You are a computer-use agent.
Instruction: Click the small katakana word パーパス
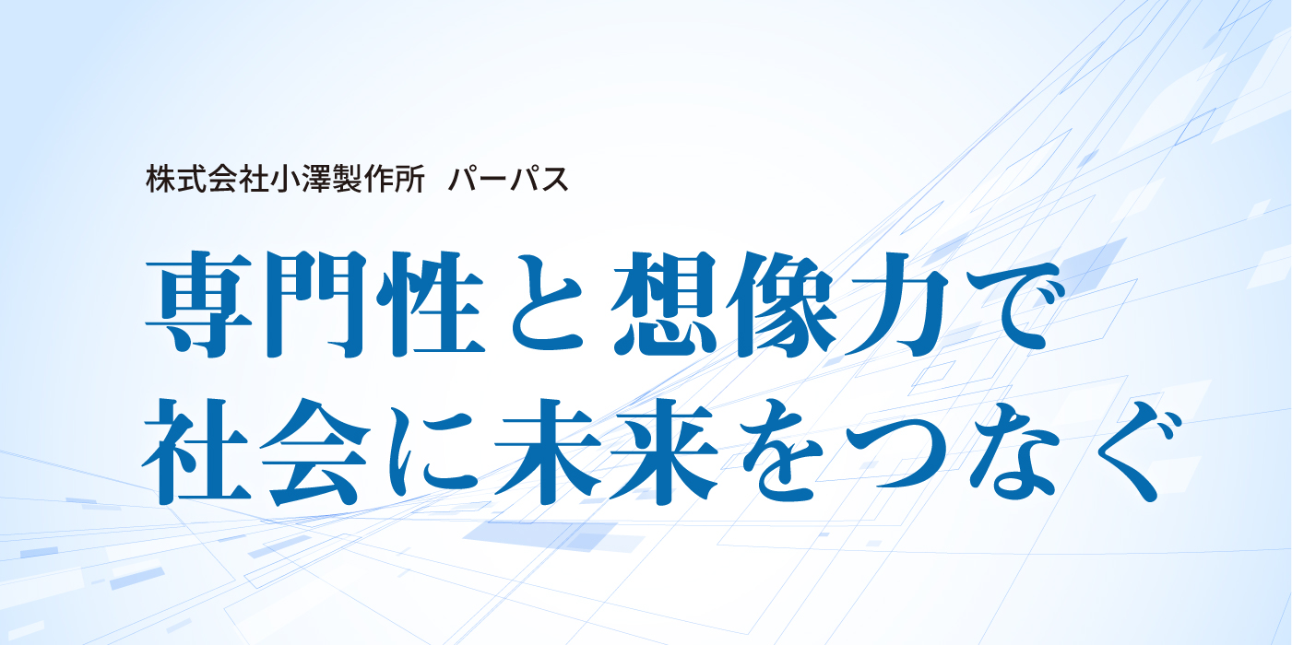[508, 181]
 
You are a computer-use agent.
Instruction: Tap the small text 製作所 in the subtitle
[368, 181]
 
